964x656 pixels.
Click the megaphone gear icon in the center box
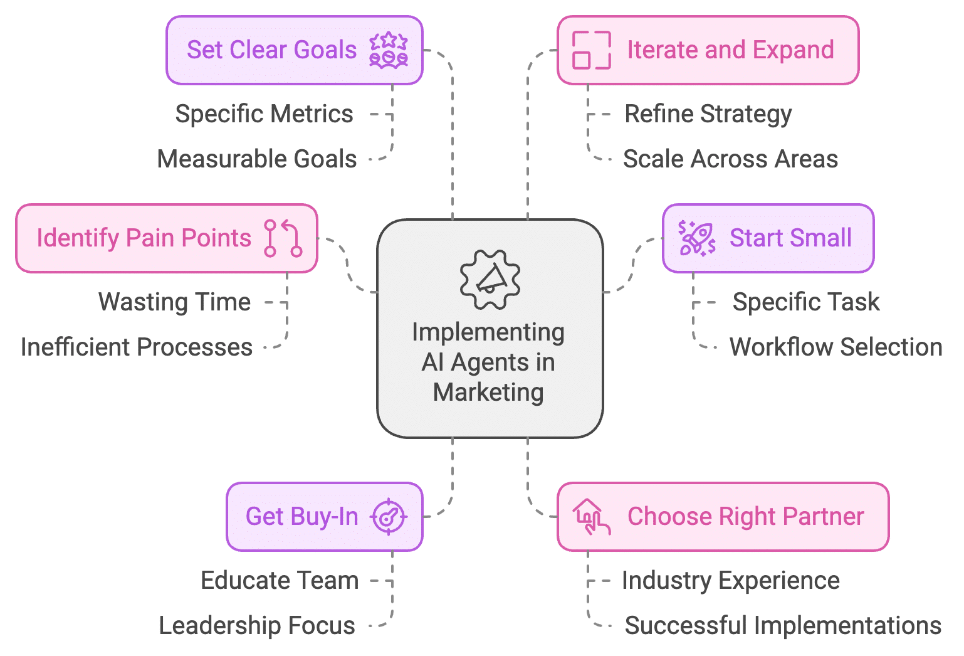490,280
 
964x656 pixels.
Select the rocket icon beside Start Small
696,238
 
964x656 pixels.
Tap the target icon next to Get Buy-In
389,517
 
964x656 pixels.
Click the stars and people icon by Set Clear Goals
389,50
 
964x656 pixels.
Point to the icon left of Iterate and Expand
591,50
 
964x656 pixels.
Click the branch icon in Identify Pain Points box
283,238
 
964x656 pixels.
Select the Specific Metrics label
264,114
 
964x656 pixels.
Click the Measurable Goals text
257,159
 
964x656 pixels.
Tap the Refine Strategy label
708,114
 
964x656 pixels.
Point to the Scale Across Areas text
730,159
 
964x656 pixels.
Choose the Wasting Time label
174,302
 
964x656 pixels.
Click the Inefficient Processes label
137,347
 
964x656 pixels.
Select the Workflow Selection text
836,347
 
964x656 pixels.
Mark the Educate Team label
280,581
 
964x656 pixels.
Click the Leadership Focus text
257,626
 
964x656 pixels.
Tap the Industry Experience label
730,581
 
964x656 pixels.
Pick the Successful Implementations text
783,626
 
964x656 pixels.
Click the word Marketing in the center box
488,393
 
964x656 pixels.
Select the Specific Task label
805,302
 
